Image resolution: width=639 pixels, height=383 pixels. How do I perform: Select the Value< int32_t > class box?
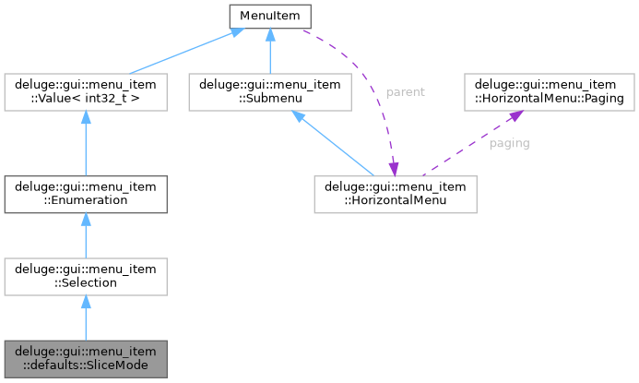tap(85, 93)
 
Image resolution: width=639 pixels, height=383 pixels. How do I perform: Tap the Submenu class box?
tap(269, 93)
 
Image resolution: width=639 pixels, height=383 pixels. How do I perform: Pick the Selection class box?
tap(85, 276)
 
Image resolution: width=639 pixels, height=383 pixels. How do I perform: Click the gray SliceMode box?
tap(85, 359)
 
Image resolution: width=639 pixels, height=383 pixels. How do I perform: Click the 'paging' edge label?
tap(509, 144)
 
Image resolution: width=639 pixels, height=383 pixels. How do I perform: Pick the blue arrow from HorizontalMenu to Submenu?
tap(332, 144)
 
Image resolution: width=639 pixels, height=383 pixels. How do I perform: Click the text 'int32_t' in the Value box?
tap(123, 101)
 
